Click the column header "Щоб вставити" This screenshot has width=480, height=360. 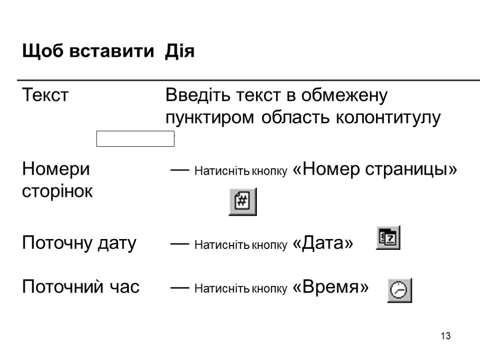click(88, 52)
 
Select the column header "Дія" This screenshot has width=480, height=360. click(180, 52)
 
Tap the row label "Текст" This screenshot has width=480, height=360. click(45, 96)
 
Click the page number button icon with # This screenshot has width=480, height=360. click(242, 202)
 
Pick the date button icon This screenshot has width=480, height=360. click(388, 239)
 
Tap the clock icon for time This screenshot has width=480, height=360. click(399, 291)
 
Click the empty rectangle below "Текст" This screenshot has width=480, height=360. click(135, 139)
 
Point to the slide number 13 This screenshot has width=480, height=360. click(445, 336)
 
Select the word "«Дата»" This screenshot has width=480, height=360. click(322, 243)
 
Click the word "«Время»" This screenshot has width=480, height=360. click(330, 287)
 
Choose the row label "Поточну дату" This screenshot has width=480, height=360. click(79, 243)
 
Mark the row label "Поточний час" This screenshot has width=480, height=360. click(81, 287)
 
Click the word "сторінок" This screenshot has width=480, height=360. click(58, 191)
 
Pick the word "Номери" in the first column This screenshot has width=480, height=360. click(56, 169)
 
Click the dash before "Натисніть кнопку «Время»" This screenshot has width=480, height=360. click(180, 287)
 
